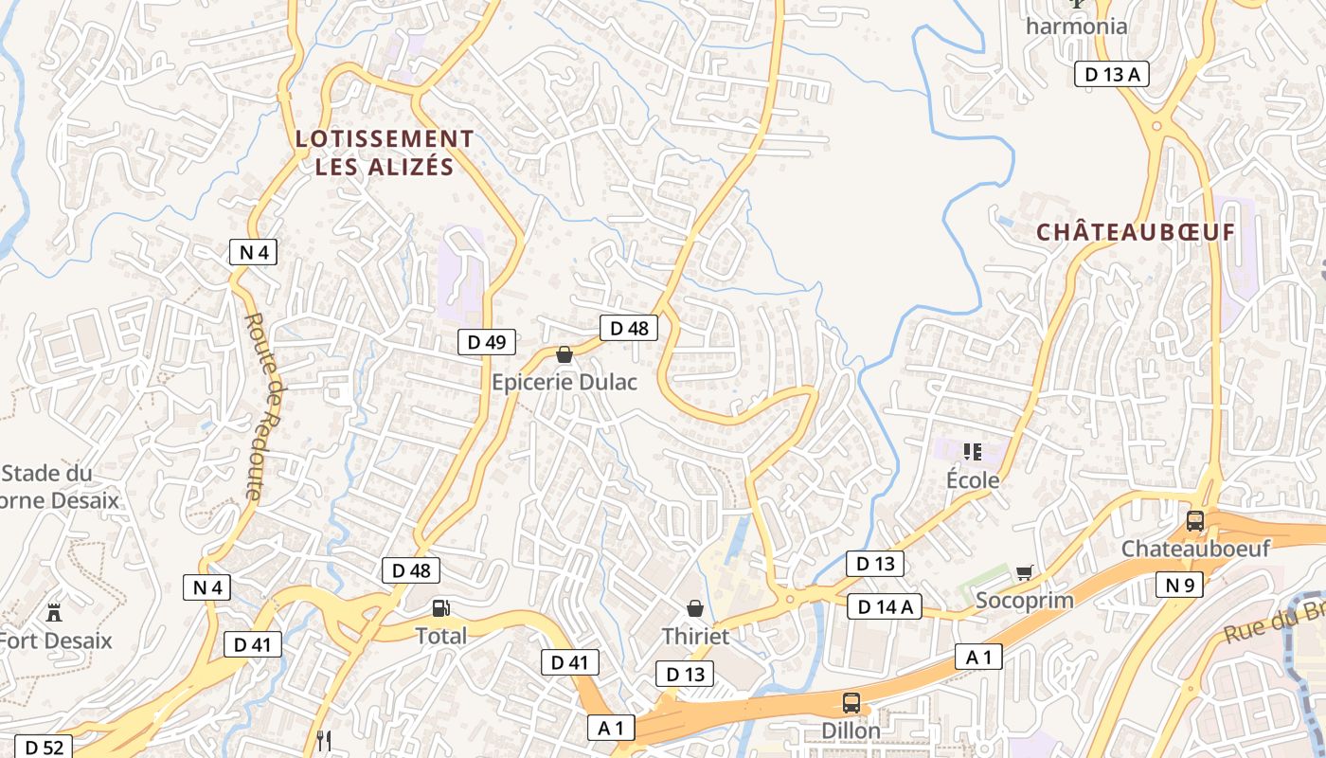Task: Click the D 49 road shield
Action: (487, 342)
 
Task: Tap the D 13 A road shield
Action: (1111, 74)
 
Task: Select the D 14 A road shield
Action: (885, 606)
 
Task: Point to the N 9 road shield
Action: (1179, 585)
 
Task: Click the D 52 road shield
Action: (44, 748)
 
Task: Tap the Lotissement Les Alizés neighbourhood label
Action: (385, 153)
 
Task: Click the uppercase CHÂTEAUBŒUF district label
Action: (1136, 232)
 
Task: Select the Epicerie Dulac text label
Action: (564, 382)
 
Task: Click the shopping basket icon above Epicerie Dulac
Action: (564, 354)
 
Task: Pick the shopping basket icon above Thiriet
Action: (695, 607)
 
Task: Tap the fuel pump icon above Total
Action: (440, 607)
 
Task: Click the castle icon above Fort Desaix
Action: (53, 613)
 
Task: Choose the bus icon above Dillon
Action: (851, 702)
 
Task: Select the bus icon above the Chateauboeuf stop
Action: (1194, 520)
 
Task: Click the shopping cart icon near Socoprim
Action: (1023, 572)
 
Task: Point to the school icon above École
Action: (972, 452)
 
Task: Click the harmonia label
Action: (1077, 26)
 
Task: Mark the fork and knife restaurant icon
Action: (324, 739)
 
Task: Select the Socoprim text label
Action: (1024, 601)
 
